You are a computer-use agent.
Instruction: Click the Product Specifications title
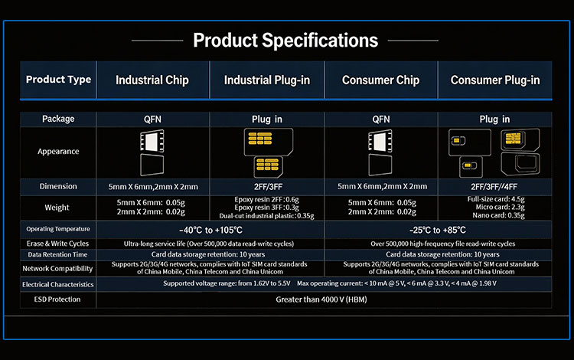pos(285,41)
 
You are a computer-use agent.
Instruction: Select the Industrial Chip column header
pos(152,80)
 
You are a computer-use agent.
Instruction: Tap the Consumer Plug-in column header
pos(495,80)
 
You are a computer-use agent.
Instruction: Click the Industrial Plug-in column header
pos(267,80)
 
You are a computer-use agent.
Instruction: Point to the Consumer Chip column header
pos(380,80)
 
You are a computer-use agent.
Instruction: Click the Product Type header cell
pos(58,80)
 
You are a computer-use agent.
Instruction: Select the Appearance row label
pos(58,151)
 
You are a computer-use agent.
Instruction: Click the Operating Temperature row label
pos(58,229)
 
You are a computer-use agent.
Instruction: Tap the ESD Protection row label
pos(57,299)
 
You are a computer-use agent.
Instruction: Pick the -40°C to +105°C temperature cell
pos(210,230)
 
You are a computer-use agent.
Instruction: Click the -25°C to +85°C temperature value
pos(438,230)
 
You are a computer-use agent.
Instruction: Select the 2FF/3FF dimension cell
pos(268,187)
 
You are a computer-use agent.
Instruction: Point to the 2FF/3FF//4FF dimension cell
pos(494,187)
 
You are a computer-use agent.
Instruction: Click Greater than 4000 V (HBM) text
pos(321,299)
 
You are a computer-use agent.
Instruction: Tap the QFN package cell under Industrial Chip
pos(152,119)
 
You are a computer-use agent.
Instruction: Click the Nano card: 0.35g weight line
pos(498,215)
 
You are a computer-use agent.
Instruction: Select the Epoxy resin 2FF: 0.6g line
pos(266,200)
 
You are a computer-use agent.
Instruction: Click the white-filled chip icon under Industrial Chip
pos(152,141)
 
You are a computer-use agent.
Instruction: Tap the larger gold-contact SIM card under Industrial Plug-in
pos(269,142)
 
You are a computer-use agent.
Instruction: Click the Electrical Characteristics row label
pos(58,285)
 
